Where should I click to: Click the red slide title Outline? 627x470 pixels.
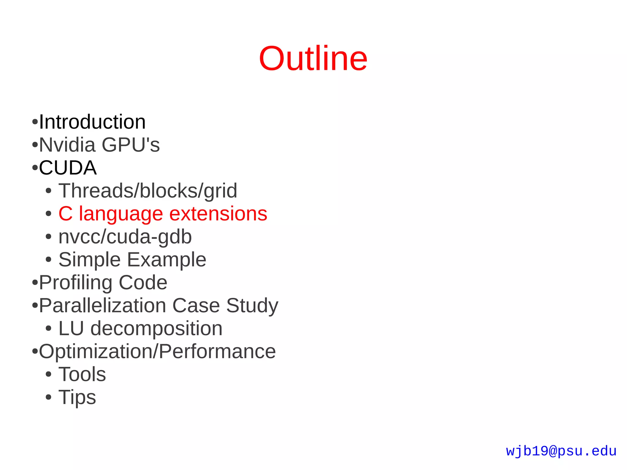coord(313,58)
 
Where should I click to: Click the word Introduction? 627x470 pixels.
coord(92,122)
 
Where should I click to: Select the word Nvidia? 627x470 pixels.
coord(67,145)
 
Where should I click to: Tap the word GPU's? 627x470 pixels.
coord(131,145)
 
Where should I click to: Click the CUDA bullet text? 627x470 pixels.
coord(68,168)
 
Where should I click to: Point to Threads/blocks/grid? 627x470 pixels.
coord(148,191)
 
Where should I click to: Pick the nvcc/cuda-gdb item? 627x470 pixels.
coord(125,237)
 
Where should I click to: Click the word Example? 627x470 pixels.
coord(167,260)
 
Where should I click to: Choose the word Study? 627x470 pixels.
coord(252,306)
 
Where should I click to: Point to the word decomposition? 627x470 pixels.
coord(156,329)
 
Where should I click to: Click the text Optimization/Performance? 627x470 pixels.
coord(157,352)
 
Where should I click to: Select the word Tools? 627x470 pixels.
coord(82,374)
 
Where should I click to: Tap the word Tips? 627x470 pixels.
coord(77,397)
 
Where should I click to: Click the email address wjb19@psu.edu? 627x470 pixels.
coord(561,451)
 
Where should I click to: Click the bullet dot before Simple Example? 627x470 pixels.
coord(48,260)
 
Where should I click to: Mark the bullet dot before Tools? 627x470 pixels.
coord(48,374)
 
